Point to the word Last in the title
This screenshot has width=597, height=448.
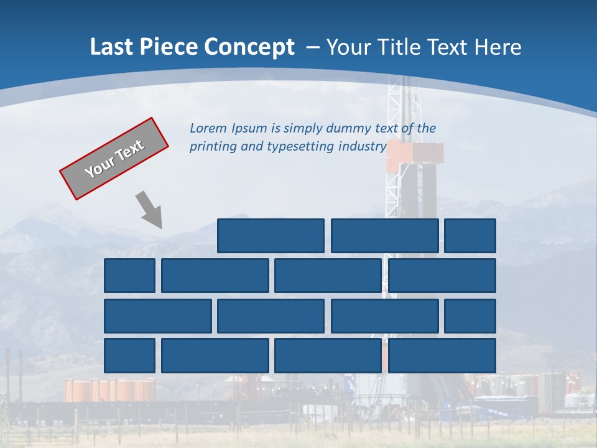pos(108,47)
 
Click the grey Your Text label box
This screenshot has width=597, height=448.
pos(114,159)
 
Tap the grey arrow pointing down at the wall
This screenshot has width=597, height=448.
pos(149,210)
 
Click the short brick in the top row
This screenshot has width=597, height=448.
pos(470,236)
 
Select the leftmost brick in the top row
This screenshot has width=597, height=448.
pos(271,236)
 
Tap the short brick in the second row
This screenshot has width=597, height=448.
pos(129,276)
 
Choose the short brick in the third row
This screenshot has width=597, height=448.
pos(470,316)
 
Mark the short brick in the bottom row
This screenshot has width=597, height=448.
pos(129,355)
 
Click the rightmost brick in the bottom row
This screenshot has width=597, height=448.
pos(442,355)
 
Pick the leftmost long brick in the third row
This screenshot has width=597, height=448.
pos(158,316)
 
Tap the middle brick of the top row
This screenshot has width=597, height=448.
pos(384,236)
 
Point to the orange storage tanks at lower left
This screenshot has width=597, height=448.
pos(109,390)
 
